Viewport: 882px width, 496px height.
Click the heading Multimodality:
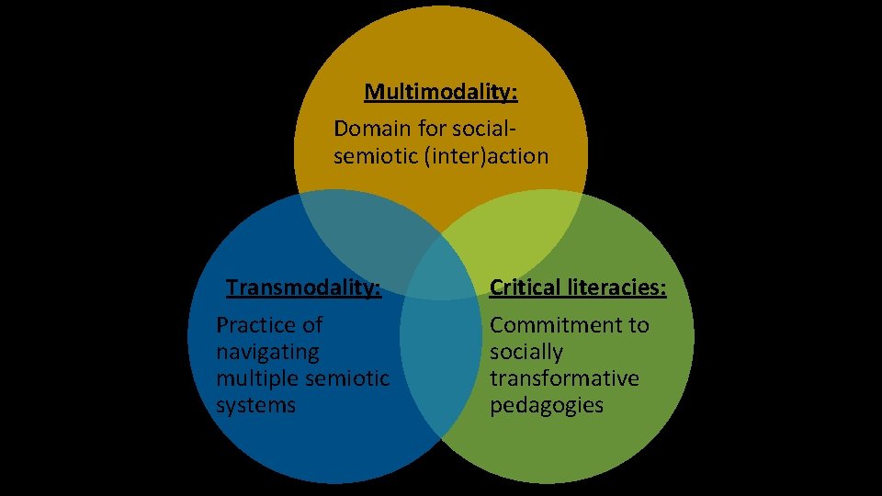tap(441, 92)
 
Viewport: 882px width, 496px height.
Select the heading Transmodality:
tap(303, 288)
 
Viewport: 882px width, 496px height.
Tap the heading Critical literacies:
tap(578, 288)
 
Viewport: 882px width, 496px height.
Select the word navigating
tap(268, 352)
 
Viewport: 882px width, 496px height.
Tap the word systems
tap(255, 405)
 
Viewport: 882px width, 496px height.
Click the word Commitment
tap(569, 325)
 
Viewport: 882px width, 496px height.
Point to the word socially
tap(526, 352)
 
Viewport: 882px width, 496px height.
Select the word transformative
tap(563, 378)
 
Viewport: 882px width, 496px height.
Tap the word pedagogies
tap(546, 405)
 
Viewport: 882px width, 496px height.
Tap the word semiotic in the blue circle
tap(354, 378)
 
